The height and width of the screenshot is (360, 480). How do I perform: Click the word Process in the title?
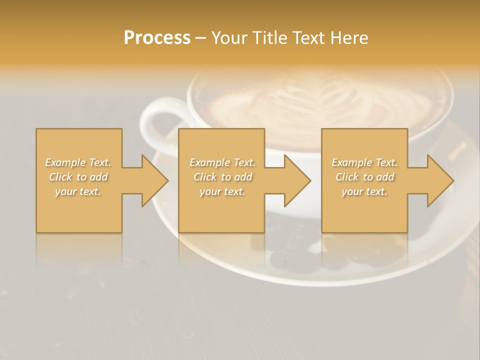(157, 38)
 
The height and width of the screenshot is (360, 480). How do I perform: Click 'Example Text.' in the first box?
(78, 162)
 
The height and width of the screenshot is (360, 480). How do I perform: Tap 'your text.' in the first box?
(78, 191)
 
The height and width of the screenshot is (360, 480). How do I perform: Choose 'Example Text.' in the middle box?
(222, 162)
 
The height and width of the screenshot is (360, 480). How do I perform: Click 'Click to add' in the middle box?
(222, 177)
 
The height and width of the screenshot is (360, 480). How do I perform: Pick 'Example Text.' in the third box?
(364, 162)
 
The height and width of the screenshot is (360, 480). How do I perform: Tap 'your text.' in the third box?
(364, 191)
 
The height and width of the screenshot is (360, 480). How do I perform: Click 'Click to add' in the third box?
(364, 177)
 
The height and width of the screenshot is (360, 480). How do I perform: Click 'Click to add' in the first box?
(78, 177)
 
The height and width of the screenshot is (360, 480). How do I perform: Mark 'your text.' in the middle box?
(222, 191)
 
